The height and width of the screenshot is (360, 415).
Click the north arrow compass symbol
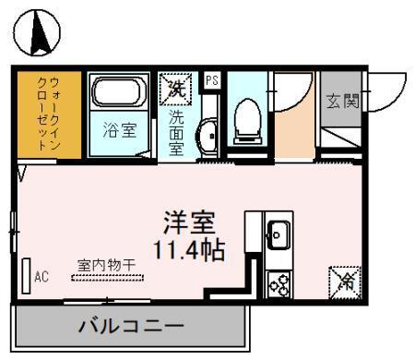(x=38, y=34)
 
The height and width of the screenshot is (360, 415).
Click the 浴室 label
(x=119, y=130)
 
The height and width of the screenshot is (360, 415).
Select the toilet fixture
(x=247, y=121)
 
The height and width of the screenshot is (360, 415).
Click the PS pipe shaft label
(x=211, y=80)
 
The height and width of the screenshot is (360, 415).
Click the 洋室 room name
(x=190, y=222)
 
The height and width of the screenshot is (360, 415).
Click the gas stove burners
(x=278, y=283)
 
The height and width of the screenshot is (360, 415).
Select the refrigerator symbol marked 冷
(x=343, y=279)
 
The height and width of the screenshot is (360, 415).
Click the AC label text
(x=41, y=275)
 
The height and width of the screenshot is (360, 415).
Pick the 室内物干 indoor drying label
(x=105, y=265)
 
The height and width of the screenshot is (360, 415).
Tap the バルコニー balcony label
(x=130, y=326)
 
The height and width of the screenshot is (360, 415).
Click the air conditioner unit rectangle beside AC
(x=26, y=274)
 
